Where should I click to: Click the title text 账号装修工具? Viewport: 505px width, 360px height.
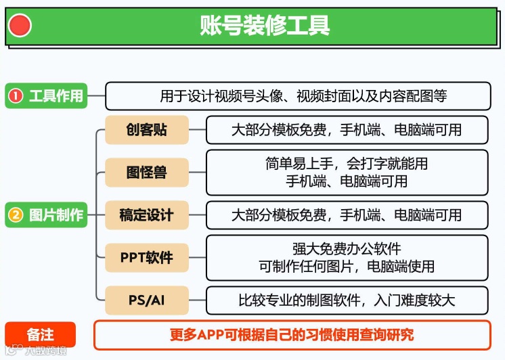click(265, 25)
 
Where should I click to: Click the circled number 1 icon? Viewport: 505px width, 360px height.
click(16, 96)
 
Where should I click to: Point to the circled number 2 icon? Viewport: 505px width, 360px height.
click(16, 215)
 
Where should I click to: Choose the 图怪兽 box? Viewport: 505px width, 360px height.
click(146, 173)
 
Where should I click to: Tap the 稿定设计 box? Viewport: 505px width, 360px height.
click(146, 215)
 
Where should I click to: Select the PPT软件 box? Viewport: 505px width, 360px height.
click(146, 258)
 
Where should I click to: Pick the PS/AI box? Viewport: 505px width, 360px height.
click(146, 300)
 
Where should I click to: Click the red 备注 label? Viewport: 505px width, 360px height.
click(41, 335)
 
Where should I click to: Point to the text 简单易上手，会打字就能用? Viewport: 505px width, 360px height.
click(347, 164)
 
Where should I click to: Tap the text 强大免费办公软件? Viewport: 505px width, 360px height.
click(347, 249)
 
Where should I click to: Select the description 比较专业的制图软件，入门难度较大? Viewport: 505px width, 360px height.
click(347, 300)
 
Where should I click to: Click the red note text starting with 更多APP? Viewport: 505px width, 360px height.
click(292, 335)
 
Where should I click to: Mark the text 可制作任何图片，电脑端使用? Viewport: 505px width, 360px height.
click(347, 267)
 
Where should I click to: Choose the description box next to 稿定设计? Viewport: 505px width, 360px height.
click(347, 215)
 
